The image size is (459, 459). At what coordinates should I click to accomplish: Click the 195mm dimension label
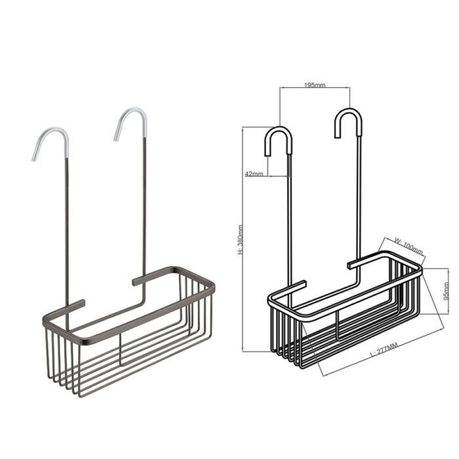point(315,85)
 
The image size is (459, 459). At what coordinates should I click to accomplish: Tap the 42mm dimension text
point(254,174)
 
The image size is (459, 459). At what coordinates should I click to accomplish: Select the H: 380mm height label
point(241,239)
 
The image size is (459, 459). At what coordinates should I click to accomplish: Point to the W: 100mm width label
point(409,245)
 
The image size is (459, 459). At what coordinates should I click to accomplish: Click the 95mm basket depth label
point(446,291)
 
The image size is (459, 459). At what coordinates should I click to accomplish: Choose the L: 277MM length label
point(384,349)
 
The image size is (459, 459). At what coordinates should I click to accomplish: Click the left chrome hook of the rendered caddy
point(50,144)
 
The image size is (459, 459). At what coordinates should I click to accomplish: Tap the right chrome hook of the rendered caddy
point(130,123)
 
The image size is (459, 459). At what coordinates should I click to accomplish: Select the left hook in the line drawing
point(279,140)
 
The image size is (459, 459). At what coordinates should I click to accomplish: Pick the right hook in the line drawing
point(348,123)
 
